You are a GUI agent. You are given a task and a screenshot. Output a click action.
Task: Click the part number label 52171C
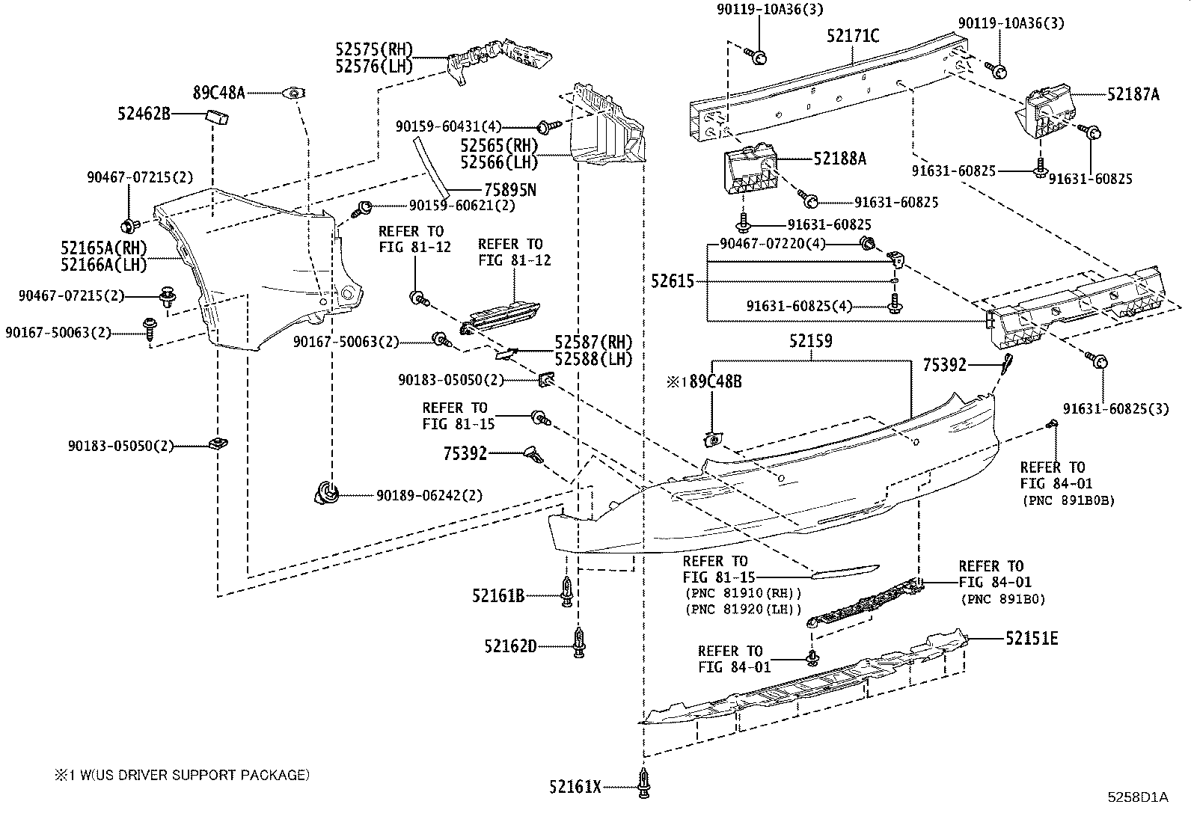pos(853,35)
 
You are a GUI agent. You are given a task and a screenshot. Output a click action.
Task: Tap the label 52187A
pos(1133,94)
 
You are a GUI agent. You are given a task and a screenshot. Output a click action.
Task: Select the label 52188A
pos(840,159)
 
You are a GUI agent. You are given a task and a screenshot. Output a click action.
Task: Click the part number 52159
pos(810,341)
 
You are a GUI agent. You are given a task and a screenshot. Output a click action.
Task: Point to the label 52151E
pos(1032,638)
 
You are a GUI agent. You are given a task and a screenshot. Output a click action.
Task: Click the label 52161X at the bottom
pos(575,787)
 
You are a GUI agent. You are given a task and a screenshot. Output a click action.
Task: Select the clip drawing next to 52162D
pos(578,642)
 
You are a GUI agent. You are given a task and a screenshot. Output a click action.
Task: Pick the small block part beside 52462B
pos(217,116)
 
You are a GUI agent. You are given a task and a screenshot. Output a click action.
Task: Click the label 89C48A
pos(219,93)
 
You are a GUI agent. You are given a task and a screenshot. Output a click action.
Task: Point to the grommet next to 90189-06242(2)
pos(326,493)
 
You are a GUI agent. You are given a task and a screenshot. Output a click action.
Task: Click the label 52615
pos(673,281)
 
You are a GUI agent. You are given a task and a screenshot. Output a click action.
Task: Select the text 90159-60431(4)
pos(449,127)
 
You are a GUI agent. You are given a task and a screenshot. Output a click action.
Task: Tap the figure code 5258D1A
pos(1138,797)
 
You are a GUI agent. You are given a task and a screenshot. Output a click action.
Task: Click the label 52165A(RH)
pos(104,248)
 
